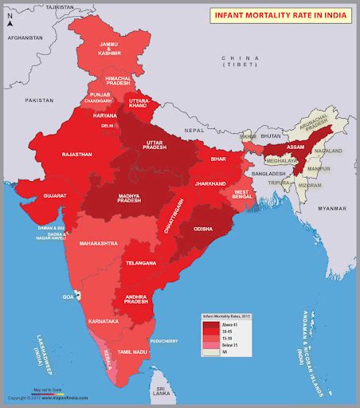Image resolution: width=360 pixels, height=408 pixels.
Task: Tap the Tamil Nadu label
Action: click(x=135, y=351)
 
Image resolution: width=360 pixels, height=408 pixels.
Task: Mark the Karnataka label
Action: click(x=103, y=320)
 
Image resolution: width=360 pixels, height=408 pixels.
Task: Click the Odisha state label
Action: click(x=202, y=229)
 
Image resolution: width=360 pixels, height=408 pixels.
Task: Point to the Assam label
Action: click(x=295, y=148)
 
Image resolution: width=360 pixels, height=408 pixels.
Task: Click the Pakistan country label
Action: click(x=37, y=101)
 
